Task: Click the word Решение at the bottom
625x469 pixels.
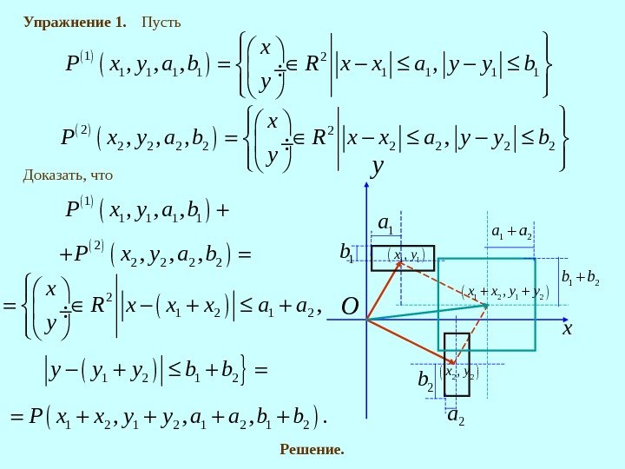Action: pyautogui.click(x=312, y=449)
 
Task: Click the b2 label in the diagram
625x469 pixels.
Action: pyautogui.click(x=425, y=379)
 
